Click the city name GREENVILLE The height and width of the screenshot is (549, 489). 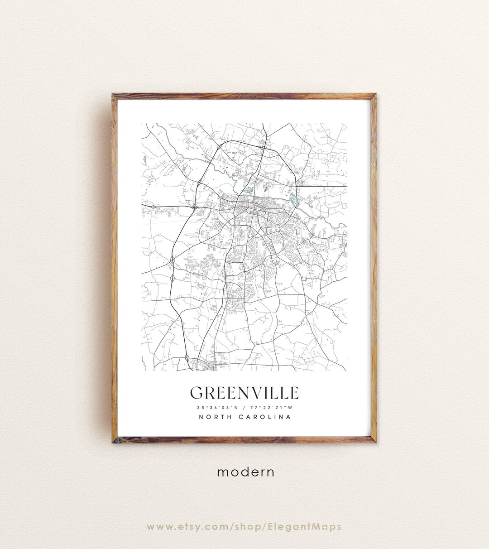pos(244,393)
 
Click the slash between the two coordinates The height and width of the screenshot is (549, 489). pos(244,407)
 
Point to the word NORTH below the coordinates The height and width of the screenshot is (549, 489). pos(215,417)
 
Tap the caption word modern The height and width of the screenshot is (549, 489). pos(245,472)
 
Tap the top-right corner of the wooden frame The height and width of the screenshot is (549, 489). pos(375,95)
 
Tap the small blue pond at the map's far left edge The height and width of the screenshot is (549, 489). pos(144,159)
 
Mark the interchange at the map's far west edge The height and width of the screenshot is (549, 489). pos(153,206)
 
